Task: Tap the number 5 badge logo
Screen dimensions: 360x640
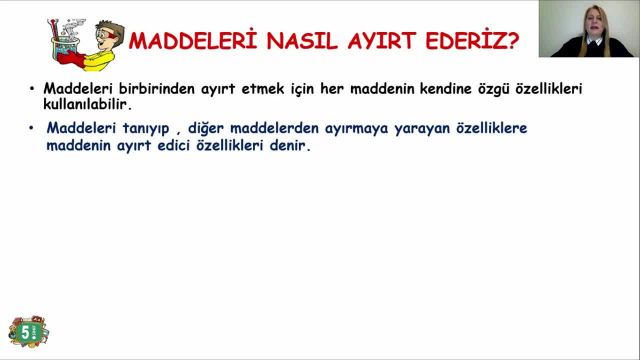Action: click(27, 331)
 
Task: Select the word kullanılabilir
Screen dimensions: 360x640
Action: click(87, 103)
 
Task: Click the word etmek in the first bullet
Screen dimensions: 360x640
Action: click(277, 88)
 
